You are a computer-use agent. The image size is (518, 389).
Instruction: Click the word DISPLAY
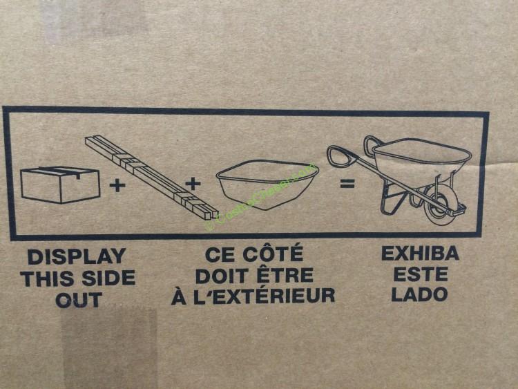(x=77, y=257)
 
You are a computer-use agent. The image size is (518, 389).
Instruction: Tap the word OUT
(x=79, y=300)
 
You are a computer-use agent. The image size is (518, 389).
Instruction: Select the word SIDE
(x=108, y=278)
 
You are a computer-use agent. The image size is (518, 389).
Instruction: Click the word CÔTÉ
(x=272, y=254)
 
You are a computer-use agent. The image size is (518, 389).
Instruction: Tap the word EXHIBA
(x=420, y=254)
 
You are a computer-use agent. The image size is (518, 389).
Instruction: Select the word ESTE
(x=421, y=274)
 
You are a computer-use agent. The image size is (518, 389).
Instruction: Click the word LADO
(x=419, y=294)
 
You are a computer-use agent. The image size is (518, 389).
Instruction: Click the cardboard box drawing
(x=60, y=184)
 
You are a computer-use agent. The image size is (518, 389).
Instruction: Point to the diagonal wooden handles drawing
(x=152, y=177)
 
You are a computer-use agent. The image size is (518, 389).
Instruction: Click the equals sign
(x=347, y=183)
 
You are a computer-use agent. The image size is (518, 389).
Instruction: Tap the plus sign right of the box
(x=117, y=185)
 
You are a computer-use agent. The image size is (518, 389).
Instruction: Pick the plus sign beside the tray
(x=193, y=183)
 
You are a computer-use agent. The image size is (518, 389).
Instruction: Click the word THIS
(x=50, y=278)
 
